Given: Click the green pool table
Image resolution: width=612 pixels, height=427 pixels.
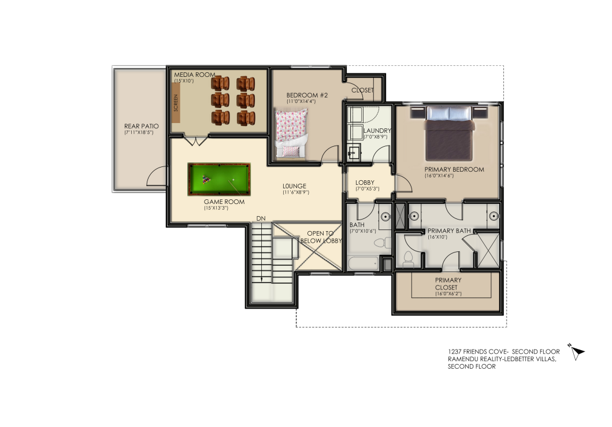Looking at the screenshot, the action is point(219,179).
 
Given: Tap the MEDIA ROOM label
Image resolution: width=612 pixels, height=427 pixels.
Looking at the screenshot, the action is point(195,75).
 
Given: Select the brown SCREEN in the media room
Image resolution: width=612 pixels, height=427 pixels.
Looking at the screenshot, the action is point(176,103).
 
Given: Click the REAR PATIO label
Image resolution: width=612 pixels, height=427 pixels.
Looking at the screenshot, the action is point(141,126).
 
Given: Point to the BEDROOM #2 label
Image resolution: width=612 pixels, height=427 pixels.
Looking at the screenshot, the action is point(307,95).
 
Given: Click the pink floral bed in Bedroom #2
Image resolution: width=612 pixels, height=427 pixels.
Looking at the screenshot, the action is point(291,133).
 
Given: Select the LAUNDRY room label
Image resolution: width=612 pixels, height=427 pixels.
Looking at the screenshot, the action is point(377,131).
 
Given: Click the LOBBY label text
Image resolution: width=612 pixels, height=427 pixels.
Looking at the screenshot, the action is point(365,182).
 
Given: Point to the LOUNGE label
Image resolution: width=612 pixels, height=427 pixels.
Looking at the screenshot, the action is point(295,186).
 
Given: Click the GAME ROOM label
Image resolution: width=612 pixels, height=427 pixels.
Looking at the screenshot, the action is point(224,202).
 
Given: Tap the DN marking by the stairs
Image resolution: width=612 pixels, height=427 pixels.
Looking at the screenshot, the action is point(261,218).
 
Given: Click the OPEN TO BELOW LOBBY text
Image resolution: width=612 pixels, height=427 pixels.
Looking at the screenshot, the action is point(321,237).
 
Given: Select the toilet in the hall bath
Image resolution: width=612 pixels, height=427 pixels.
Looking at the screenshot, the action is point(383,242).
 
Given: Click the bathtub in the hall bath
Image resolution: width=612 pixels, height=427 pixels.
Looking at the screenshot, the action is point(363,263).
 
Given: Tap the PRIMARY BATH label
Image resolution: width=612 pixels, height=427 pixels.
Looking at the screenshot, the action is point(449,231).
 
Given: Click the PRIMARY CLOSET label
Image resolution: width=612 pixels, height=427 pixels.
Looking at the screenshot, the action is point(448,284).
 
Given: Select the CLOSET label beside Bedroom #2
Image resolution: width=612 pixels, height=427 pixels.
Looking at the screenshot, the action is point(362,90).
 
